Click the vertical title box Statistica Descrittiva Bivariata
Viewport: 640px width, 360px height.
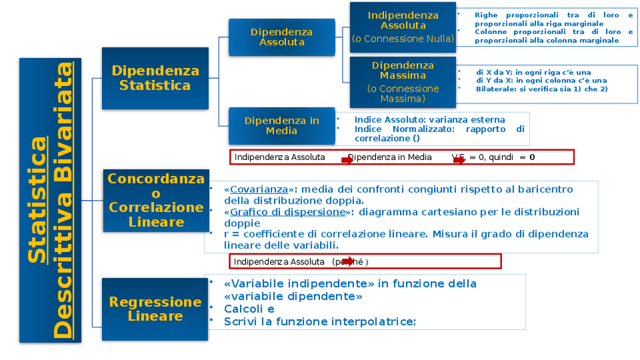(x=50, y=201)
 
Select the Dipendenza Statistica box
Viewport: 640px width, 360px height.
(x=155, y=78)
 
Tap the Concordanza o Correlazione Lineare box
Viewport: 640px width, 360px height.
(x=155, y=200)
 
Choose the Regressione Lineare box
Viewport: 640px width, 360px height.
(x=155, y=309)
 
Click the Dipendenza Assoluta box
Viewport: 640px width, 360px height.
(x=282, y=36)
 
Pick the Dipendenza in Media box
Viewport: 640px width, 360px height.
(x=282, y=125)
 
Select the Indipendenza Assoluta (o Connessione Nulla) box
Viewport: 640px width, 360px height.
(x=402, y=26)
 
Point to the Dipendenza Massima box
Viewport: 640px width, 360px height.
(x=402, y=82)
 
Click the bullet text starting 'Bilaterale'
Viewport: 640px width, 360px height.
(x=541, y=89)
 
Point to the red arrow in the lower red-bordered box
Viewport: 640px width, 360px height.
(x=349, y=262)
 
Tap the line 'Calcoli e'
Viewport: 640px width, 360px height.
(x=249, y=309)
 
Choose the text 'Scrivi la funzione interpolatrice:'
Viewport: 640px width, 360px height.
(x=319, y=322)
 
